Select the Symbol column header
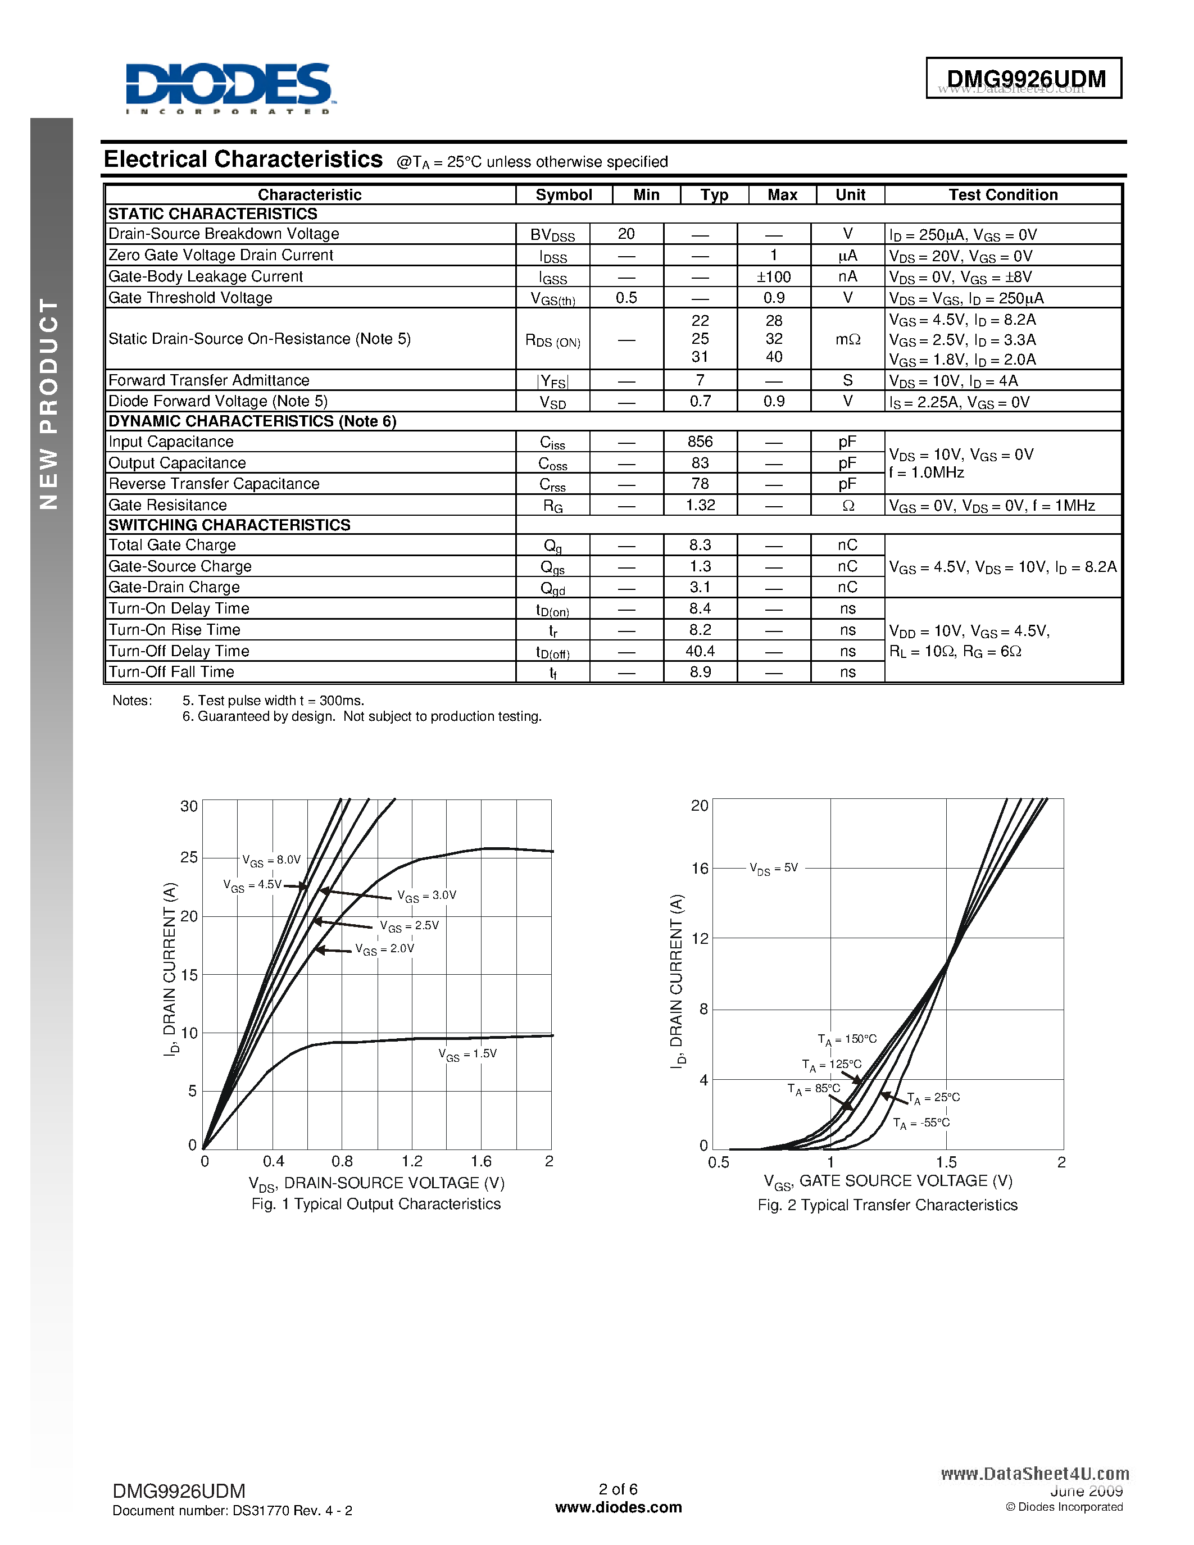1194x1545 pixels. (563, 196)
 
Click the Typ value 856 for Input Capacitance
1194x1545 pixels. (700, 442)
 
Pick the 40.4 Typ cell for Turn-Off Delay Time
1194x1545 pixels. (700, 651)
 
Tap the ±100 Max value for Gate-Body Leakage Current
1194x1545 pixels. (773, 276)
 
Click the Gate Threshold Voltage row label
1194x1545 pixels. (190, 298)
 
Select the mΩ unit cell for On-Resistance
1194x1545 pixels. (847, 339)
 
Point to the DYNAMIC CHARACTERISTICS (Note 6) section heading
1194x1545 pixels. (252, 421)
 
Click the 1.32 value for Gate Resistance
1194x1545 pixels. (700, 505)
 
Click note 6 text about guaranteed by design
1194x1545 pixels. (361, 717)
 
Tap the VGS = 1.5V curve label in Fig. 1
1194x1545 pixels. (467, 1054)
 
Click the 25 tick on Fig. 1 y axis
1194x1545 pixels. (189, 857)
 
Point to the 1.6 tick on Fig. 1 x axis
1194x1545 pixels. (481, 1161)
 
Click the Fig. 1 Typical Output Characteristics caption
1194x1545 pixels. (375, 1204)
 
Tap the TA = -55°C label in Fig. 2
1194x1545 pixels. (921, 1124)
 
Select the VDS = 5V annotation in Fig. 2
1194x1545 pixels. (774, 868)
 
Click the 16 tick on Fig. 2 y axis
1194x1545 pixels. (700, 868)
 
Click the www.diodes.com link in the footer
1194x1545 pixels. (618, 1507)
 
